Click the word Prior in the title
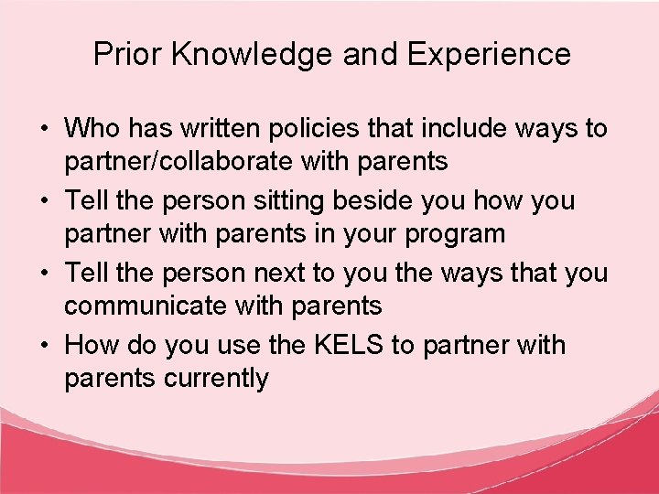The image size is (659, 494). tap(127, 54)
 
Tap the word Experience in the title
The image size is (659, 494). tap(489, 55)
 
